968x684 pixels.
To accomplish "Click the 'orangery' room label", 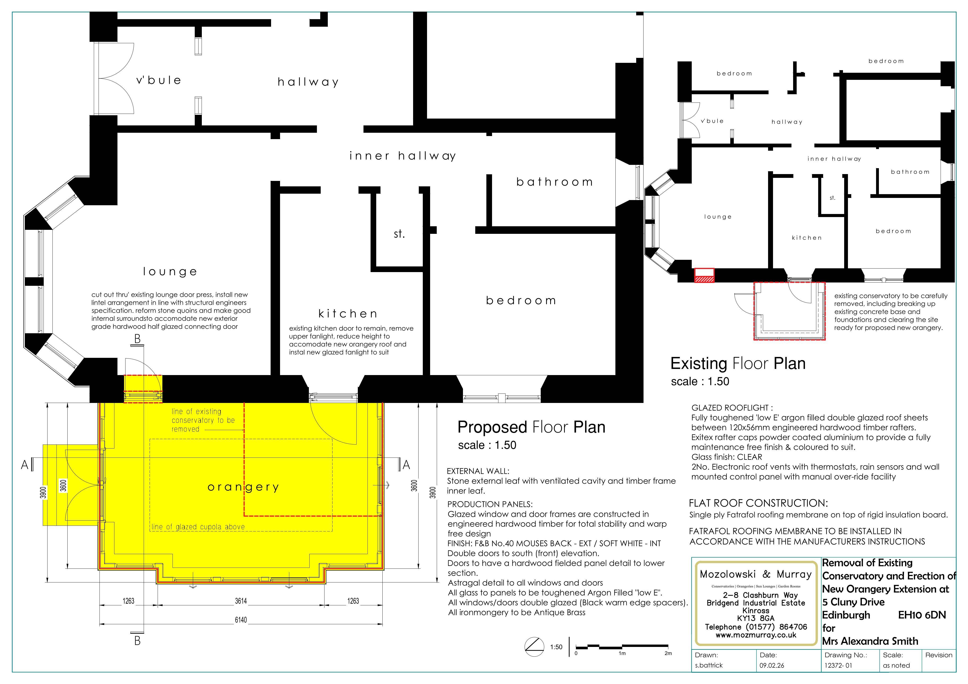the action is pyautogui.click(x=243, y=487).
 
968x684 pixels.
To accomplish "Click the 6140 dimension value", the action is pyautogui.click(x=241, y=620).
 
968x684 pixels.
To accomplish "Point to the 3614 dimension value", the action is pyautogui.click(x=241, y=601).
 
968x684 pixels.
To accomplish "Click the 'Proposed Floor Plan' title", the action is pyautogui.click(x=531, y=427).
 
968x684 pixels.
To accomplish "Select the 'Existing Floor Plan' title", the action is pyautogui.click(x=738, y=364).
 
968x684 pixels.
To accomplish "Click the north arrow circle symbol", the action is pyautogui.click(x=534, y=646).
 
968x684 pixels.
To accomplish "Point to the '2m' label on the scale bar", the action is pyautogui.click(x=668, y=654).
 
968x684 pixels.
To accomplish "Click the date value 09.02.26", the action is pyautogui.click(x=772, y=665).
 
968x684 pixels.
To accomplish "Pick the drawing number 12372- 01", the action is pyautogui.click(x=838, y=665).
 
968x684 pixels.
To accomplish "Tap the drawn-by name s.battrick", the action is pyautogui.click(x=709, y=665).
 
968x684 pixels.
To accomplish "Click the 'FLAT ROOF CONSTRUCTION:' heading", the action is pyautogui.click(x=758, y=503).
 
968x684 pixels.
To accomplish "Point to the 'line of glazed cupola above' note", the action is pyautogui.click(x=198, y=527).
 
